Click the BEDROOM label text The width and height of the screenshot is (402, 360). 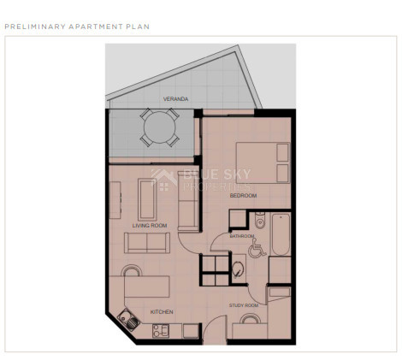243,196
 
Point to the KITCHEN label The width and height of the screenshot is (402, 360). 162,311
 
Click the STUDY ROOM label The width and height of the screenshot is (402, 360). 243,304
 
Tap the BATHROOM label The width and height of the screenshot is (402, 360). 242,236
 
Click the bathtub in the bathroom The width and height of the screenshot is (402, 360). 281,235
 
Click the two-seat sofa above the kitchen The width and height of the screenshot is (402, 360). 146,243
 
